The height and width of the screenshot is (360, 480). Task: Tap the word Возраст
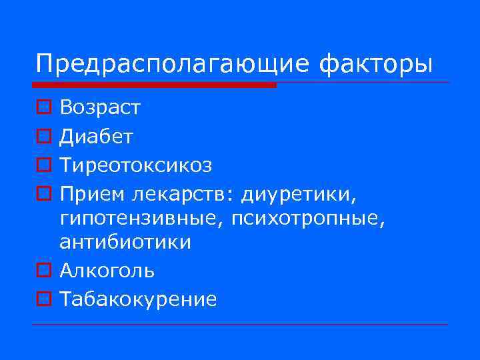[x=100, y=107]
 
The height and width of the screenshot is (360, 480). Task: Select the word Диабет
[x=96, y=137]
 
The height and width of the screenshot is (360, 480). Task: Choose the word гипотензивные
[x=143, y=219]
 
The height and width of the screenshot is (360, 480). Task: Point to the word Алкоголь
[x=107, y=271]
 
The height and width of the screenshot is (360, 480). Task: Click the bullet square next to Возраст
[x=42, y=106]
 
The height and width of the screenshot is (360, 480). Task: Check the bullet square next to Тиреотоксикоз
[x=42, y=165]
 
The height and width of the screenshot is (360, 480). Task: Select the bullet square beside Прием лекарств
[x=42, y=194]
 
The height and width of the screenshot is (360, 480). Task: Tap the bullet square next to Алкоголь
[x=42, y=270]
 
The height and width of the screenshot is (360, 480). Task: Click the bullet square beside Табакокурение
[x=42, y=299]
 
